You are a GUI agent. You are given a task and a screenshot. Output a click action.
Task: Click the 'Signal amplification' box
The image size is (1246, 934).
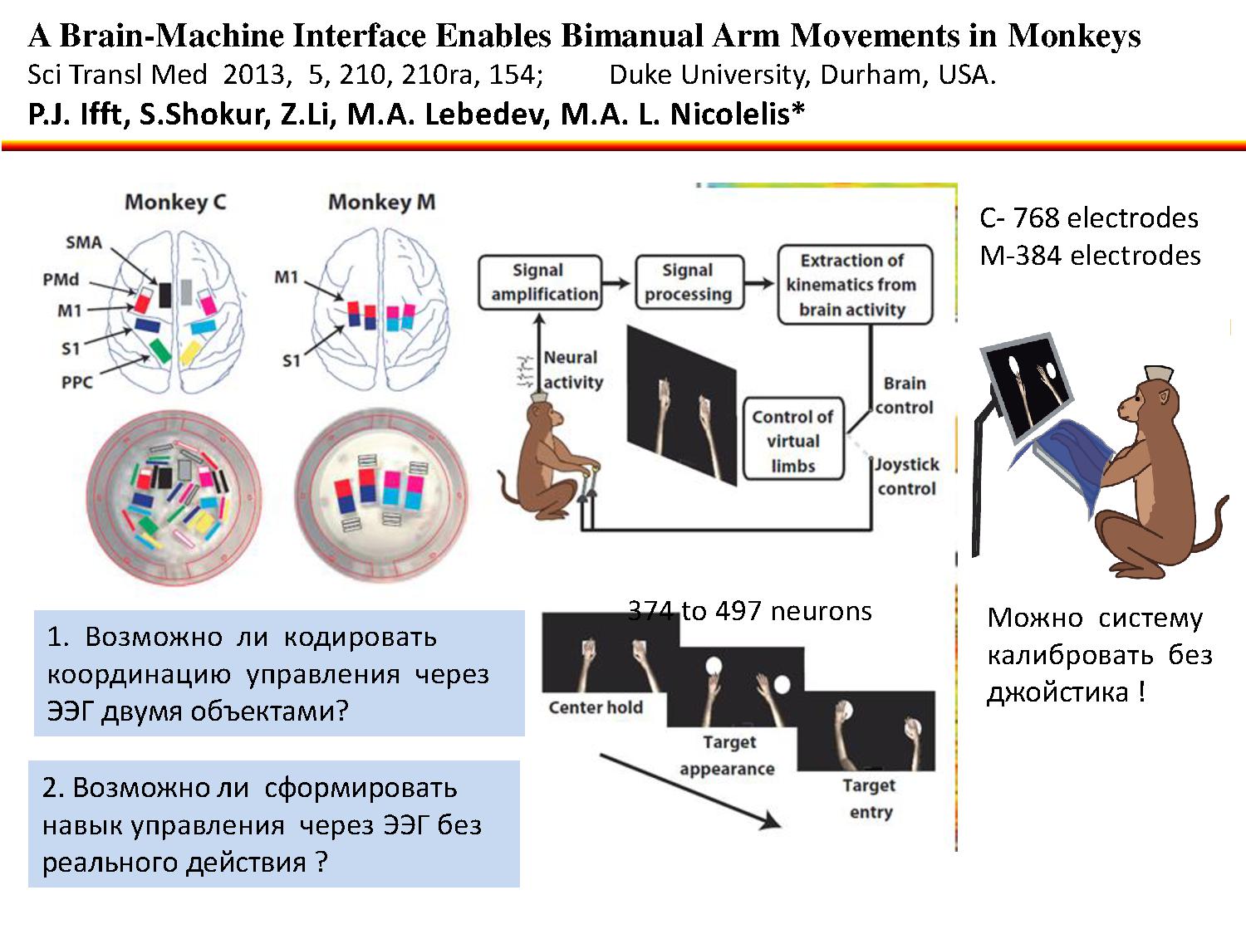click(540, 282)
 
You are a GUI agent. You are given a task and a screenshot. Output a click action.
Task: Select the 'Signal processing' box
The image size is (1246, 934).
click(688, 282)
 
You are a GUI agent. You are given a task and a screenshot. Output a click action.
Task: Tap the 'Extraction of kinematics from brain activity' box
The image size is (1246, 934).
click(854, 285)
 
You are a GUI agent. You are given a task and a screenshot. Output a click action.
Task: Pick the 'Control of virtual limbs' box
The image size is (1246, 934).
click(792, 441)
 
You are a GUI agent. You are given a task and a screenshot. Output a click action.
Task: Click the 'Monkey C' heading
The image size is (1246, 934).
click(175, 202)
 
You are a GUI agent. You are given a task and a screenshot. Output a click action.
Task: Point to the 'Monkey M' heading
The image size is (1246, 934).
click(381, 202)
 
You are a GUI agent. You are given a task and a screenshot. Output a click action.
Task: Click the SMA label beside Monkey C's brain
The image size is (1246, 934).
click(84, 242)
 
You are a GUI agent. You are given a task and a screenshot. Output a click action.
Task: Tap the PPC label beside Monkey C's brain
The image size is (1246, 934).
click(77, 382)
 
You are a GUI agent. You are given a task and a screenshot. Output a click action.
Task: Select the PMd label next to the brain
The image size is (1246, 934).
click(61, 279)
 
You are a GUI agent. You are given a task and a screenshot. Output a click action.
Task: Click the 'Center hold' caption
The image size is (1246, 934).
click(595, 707)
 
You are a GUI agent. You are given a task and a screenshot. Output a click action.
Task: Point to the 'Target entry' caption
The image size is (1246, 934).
click(870, 799)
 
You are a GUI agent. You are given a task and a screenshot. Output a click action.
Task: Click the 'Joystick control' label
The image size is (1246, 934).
click(906, 477)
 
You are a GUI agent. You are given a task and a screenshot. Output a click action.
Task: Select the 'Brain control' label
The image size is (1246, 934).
click(904, 395)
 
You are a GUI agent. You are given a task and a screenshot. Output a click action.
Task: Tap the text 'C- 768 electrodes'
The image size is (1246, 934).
click(1088, 218)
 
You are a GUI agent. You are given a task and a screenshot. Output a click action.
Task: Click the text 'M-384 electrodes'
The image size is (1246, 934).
click(1090, 255)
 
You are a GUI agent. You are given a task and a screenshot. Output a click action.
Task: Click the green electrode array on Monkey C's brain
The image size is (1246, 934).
click(159, 350)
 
